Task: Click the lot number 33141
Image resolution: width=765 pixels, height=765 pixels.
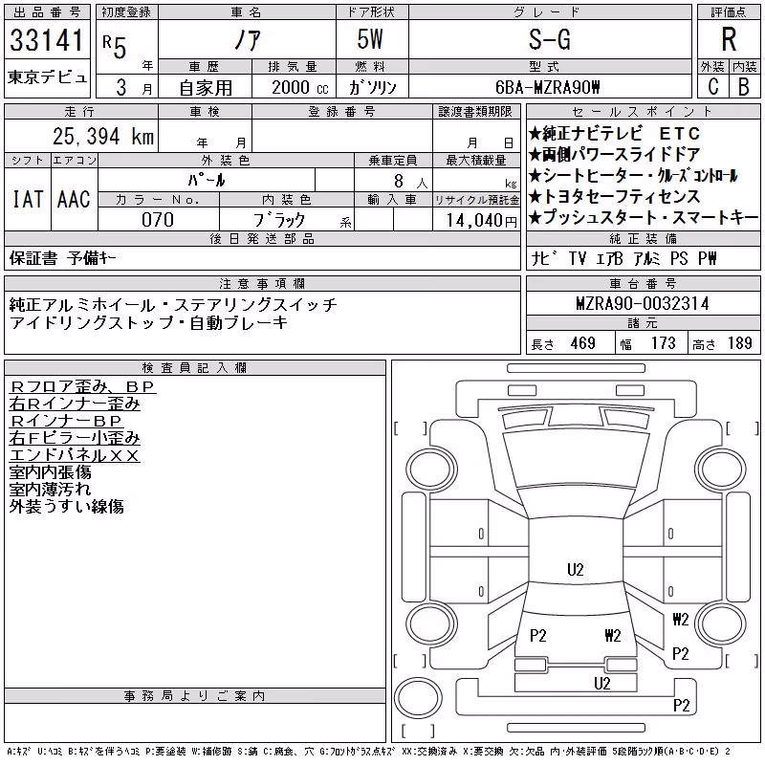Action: click(x=47, y=40)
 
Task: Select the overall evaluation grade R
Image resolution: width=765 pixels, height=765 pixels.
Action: click(x=729, y=39)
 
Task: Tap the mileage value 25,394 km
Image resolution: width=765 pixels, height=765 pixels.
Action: click(x=103, y=136)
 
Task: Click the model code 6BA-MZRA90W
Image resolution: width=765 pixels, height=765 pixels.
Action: click(x=547, y=87)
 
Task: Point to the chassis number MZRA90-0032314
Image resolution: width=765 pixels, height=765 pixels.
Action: click(x=642, y=303)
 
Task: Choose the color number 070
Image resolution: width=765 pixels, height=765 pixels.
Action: click(x=158, y=220)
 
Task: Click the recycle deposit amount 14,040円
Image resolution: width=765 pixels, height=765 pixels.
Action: click(x=482, y=221)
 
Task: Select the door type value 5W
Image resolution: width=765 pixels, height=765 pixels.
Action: click(x=370, y=39)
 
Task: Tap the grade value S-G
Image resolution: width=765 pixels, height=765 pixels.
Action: click(x=549, y=39)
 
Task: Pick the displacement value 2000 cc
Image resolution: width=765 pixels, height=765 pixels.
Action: click(x=299, y=87)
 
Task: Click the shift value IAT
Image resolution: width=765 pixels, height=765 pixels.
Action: click(x=28, y=199)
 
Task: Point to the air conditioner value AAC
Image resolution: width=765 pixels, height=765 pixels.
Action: click(x=74, y=199)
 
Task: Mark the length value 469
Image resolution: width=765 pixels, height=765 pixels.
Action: click(x=582, y=343)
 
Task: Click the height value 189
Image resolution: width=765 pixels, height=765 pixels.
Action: click(x=739, y=343)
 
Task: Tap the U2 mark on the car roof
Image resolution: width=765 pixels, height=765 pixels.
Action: click(x=576, y=569)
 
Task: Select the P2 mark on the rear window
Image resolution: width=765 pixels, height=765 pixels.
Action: click(x=537, y=635)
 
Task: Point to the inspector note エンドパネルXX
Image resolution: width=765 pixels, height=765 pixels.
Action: click(x=75, y=455)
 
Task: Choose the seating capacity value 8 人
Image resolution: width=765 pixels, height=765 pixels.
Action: click(x=410, y=181)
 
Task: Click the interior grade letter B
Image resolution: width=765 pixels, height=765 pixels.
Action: click(x=744, y=87)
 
